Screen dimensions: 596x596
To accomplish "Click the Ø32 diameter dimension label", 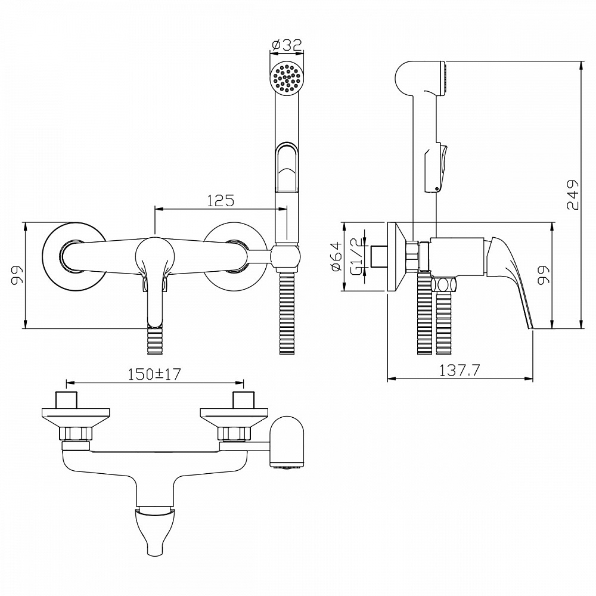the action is [x=287, y=46].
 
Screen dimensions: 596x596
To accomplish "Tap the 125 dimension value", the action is [x=221, y=200].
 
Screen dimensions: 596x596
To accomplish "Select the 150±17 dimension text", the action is [x=154, y=374].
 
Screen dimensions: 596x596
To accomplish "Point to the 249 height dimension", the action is [x=572, y=195].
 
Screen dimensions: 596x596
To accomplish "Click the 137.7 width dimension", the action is [x=460, y=370].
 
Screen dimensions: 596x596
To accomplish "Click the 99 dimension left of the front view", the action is [x=17, y=275].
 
